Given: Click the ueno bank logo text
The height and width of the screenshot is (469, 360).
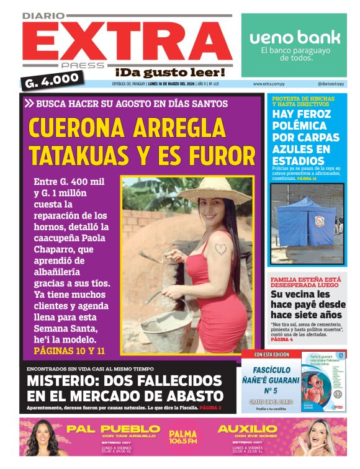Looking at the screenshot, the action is tap(295, 37).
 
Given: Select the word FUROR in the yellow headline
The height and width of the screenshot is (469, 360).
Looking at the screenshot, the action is tap(223, 155).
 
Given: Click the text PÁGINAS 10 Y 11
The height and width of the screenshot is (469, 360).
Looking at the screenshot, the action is tap(70, 351).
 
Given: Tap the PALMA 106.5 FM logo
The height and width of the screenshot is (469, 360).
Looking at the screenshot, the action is tap(182, 437).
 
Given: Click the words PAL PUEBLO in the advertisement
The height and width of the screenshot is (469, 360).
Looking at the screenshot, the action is tap(114, 429).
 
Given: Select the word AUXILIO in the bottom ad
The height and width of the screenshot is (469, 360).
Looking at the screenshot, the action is tap(248, 429).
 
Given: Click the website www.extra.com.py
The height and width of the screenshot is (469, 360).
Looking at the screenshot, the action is tap(269, 84).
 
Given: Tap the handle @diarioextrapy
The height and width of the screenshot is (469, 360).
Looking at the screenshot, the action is tap(331, 84).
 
